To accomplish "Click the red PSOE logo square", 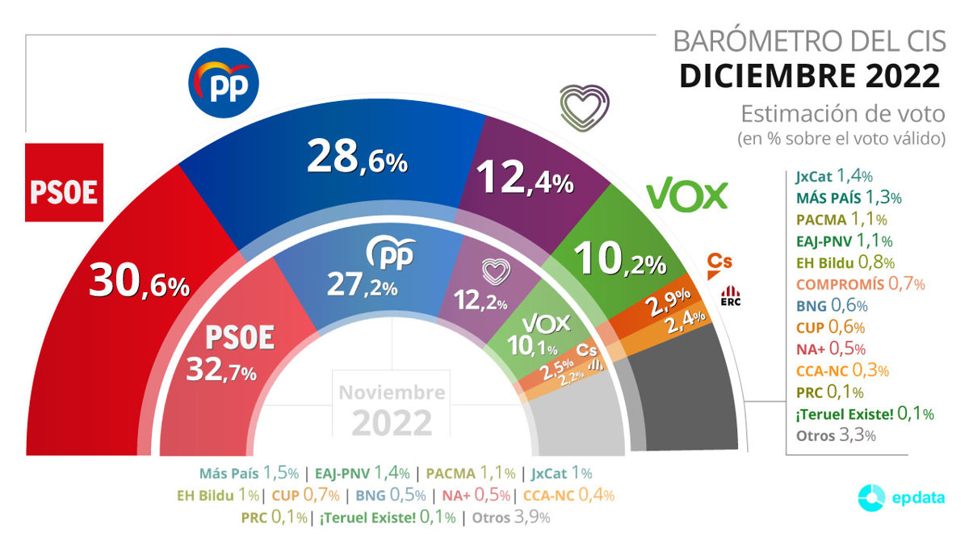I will click(x=65, y=182).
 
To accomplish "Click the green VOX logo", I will click(x=687, y=195).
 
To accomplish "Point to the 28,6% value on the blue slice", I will click(x=357, y=158).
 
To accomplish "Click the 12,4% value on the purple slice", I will click(x=526, y=178).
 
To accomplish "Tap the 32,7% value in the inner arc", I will click(x=221, y=369).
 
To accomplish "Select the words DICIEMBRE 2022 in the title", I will click(x=809, y=75).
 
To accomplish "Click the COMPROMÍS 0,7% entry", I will click(x=860, y=283).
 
